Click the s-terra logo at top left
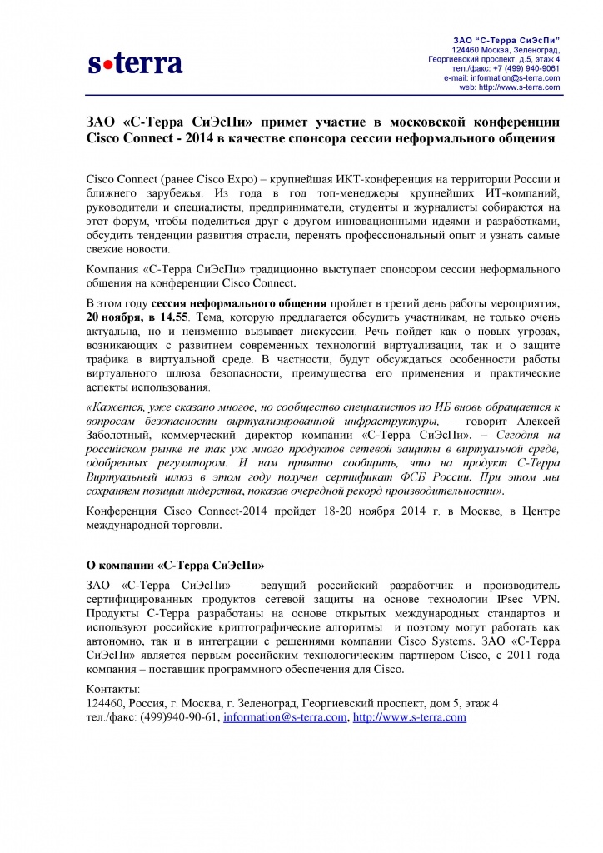[x=136, y=62]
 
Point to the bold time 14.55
[x=174, y=317]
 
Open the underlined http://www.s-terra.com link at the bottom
[x=410, y=716]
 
